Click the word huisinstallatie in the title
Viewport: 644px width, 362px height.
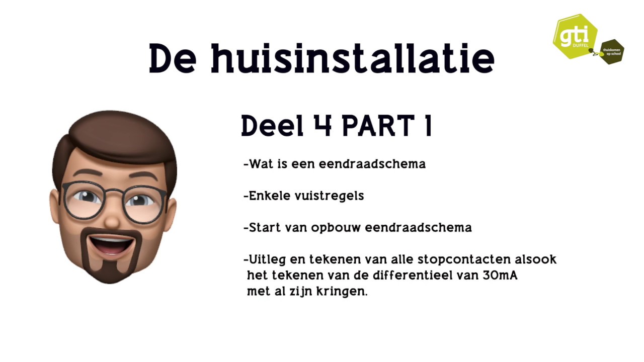(352, 59)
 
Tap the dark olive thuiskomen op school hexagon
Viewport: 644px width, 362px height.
(612, 51)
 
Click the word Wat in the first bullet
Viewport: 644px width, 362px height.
(261, 164)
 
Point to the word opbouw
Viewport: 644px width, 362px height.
(336, 228)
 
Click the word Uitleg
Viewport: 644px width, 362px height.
(265, 260)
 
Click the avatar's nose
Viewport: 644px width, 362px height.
(112, 219)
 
